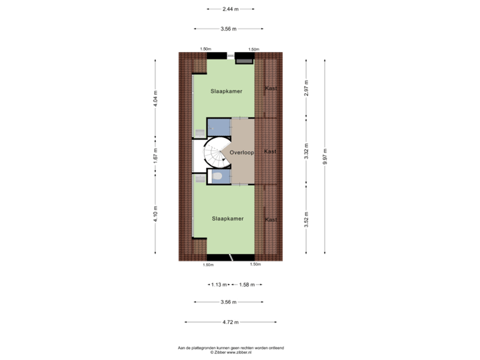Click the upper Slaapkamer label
coord(226,91)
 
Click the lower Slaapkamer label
coord(227,218)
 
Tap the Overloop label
coord(242,153)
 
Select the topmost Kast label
coord(271,88)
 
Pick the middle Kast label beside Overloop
coord(270,151)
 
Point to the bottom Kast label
coord(271,219)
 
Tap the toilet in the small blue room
coord(216,175)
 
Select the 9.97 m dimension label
coord(325,156)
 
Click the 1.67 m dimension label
coord(155,155)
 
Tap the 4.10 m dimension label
coord(155,213)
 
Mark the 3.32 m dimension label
coord(306,152)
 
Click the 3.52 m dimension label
coord(306,219)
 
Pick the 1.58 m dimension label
coord(246,284)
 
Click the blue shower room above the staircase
coord(217,127)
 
